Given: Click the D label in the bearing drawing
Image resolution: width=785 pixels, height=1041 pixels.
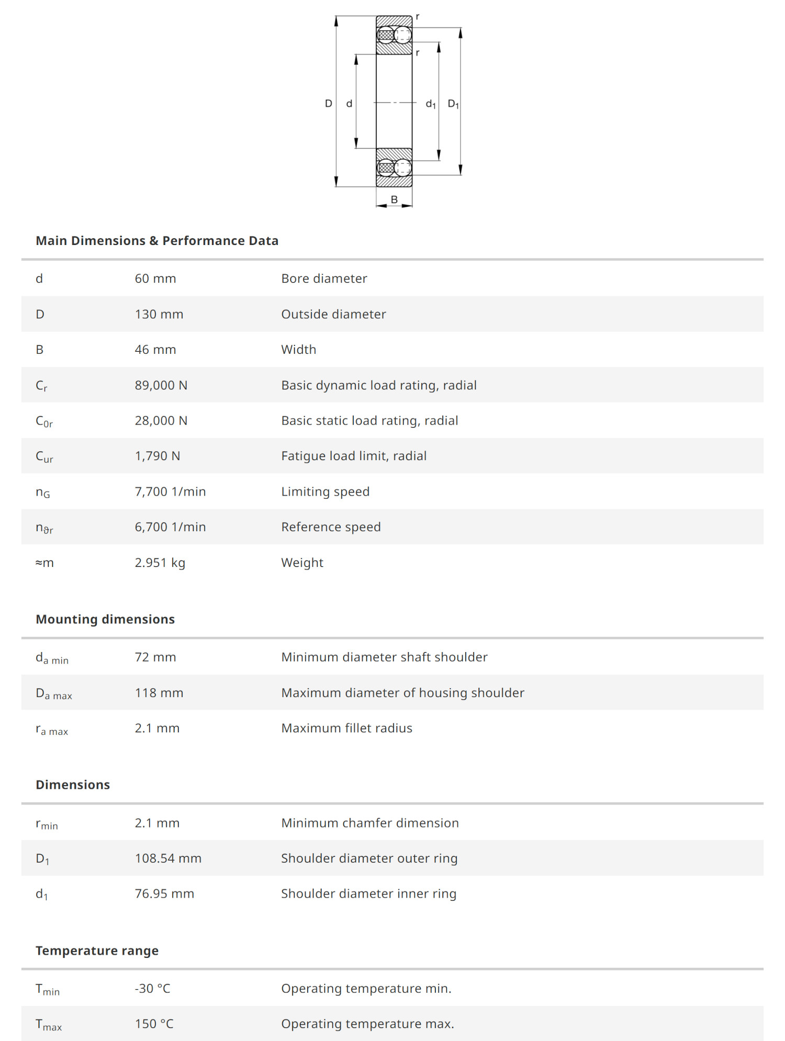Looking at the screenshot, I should click(328, 104).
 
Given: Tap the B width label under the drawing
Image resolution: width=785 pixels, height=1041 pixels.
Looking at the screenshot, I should click(394, 199).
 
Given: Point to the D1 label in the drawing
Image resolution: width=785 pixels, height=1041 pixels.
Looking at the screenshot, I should click(453, 104).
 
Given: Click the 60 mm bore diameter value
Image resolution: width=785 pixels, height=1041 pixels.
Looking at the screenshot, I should click(155, 278).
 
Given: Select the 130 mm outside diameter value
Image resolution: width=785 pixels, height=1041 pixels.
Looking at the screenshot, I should click(159, 314).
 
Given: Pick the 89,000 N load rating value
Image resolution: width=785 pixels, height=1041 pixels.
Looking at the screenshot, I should click(161, 385).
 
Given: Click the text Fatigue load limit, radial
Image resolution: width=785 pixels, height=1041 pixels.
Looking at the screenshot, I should click(354, 456).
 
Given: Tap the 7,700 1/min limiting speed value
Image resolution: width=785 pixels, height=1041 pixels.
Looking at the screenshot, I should click(170, 491).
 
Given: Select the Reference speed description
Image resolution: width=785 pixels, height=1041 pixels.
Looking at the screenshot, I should click(331, 527).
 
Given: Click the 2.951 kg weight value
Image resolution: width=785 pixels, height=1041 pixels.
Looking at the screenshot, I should click(160, 563).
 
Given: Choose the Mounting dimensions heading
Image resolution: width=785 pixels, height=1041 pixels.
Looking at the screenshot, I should click(105, 619).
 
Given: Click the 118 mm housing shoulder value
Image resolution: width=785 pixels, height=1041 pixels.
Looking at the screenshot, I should click(159, 693).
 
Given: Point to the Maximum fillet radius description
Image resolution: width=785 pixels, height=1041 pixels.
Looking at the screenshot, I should click(346, 728).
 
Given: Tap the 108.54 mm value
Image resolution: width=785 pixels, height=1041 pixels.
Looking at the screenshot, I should click(168, 858).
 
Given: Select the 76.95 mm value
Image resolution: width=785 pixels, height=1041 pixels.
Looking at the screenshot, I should click(164, 893).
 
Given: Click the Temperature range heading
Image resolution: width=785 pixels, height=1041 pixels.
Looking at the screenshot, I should click(97, 950).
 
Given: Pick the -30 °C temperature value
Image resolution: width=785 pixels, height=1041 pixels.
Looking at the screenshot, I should click(152, 988).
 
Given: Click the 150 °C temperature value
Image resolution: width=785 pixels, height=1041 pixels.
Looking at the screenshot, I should click(154, 1024).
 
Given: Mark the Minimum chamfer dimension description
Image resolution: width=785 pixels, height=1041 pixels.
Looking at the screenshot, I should click(370, 823).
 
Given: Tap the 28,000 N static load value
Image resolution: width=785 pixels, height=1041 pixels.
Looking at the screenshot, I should click(161, 421).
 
